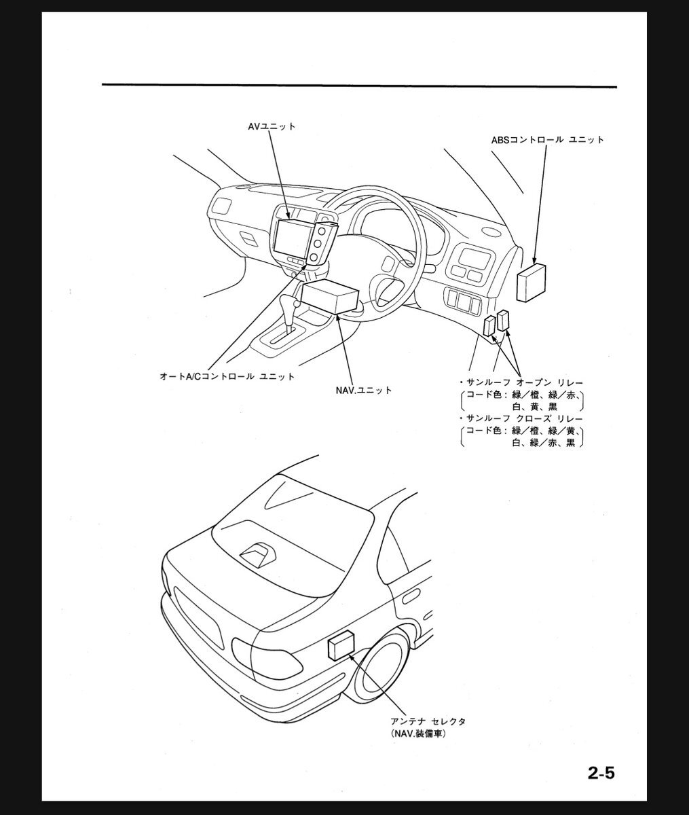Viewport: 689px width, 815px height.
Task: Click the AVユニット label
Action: [x=272, y=126]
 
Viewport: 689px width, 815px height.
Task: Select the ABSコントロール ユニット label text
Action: [x=548, y=140]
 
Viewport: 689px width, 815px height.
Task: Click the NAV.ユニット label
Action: [x=364, y=391]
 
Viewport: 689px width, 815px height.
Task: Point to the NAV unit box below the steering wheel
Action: [x=330, y=296]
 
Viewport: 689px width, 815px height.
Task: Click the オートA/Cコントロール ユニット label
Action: [x=227, y=376]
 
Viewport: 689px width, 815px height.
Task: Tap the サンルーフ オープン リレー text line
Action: [x=521, y=382]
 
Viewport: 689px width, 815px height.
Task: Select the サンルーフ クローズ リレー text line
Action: [x=521, y=418]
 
